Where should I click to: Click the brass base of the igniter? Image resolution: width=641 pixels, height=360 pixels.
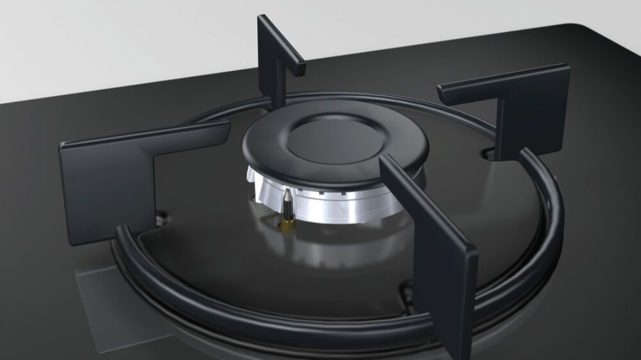point(288,224)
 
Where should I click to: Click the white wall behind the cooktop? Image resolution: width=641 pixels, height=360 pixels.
point(128,38)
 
